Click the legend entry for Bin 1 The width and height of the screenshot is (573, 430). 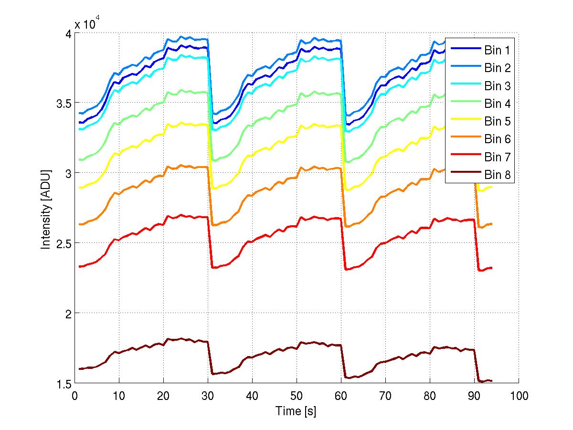pyautogui.click(x=497, y=50)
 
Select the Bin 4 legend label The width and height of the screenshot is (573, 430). pyautogui.click(x=497, y=103)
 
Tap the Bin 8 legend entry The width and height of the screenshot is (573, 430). pyautogui.click(x=497, y=175)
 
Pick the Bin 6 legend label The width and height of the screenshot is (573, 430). pyautogui.click(x=497, y=139)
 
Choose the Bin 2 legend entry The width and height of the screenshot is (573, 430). pyautogui.click(x=497, y=68)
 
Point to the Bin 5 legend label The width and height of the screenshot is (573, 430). pyautogui.click(x=497, y=121)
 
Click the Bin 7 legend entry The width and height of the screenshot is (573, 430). pyautogui.click(x=497, y=157)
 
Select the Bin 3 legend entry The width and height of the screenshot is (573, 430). pyautogui.click(x=497, y=86)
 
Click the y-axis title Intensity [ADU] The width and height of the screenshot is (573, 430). pyautogui.click(x=46, y=209)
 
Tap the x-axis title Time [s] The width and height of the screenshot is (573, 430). pyautogui.click(x=296, y=411)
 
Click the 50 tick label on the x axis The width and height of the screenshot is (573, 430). pyautogui.click(x=296, y=396)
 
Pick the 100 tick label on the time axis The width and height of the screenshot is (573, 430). pyautogui.click(x=518, y=396)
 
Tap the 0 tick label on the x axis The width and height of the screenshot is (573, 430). pyautogui.click(x=74, y=396)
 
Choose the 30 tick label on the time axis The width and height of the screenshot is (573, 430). pyautogui.click(x=207, y=396)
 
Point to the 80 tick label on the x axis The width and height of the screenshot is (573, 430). pyautogui.click(x=429, y=396)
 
